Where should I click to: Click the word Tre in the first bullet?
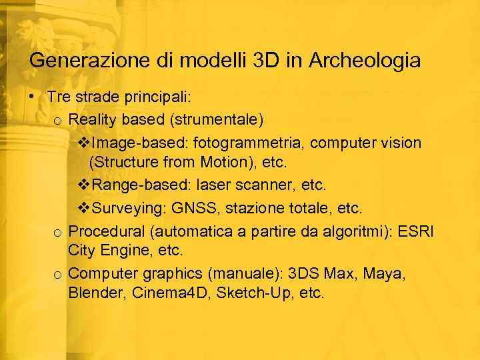(x=59, y=97)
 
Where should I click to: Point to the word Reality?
(x=92, y=120)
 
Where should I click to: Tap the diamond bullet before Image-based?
(x=84, y=143)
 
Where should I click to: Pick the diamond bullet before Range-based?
(x=84, y=184)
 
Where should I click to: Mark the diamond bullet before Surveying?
(x=84, y=209)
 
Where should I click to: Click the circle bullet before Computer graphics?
(x=59, y=274)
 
